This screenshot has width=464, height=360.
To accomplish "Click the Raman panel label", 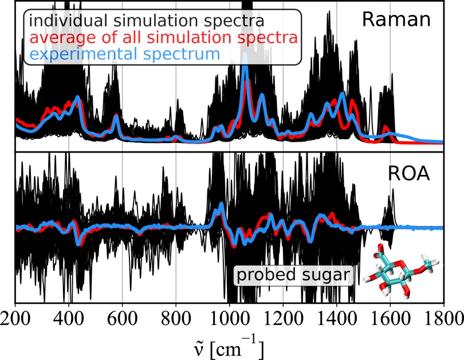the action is pyautogui.click(x=396, y=19).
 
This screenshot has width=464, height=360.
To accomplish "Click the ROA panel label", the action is pyautogui.click(x=408, y=174).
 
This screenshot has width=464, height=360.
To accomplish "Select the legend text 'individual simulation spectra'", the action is pyautogui.click(x=147, y=21).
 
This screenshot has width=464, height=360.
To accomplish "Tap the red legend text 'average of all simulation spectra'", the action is pyautogui.click(x=163, y=38).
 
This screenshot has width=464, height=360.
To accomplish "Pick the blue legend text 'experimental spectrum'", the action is pyautogui.click(x=124, y=54).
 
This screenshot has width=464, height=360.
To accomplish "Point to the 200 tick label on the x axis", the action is pyautogui.click(x=15, y=319).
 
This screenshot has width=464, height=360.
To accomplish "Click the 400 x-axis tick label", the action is pyautogui.click(x=69, y=319).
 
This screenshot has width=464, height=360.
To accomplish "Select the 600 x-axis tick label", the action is pyautogui.click(x=122, y=319).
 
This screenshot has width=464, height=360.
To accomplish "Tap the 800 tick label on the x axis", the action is pyautogui.click(x=176, y=319).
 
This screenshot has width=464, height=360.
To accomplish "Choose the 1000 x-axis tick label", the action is pyautogui.click(x=230, y=319).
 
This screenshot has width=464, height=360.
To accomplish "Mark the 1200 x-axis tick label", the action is pyautogui.click(x=283, y=319).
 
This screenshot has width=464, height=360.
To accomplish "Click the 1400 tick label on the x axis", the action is pyautogui.click(x=337, y=319).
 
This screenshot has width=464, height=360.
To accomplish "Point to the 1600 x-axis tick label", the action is pyautogui.click(x=390, y=319).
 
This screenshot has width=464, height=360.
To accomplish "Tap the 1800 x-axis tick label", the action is pyautogui.click(x=444, y=319).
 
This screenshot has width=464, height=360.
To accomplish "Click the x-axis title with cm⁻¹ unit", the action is pyautogui.click(x=228, y=347).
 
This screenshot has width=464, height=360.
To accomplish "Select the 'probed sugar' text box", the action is pyautogui.click(x=293, y=275).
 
